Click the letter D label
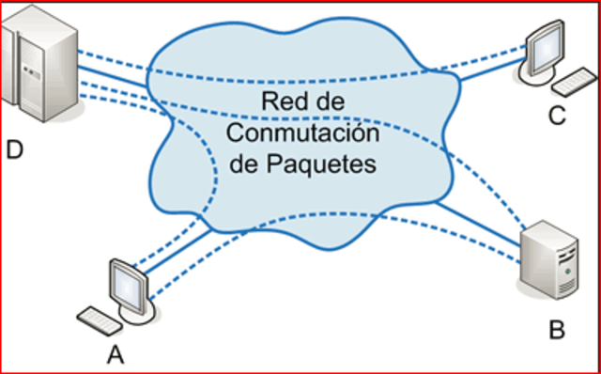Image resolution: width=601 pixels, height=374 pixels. [13, 149]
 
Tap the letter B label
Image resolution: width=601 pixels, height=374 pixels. [554, 329]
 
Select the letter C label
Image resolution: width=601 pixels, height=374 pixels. [557, 116]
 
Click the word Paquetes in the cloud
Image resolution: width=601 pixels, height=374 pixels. [330, 163]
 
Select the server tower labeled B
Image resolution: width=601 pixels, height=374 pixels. [554, 263]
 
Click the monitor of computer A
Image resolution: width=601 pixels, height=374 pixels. [126, 282]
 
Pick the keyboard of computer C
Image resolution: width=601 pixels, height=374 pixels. [575, 84]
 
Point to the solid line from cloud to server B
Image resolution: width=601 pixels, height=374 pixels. [479, 226]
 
